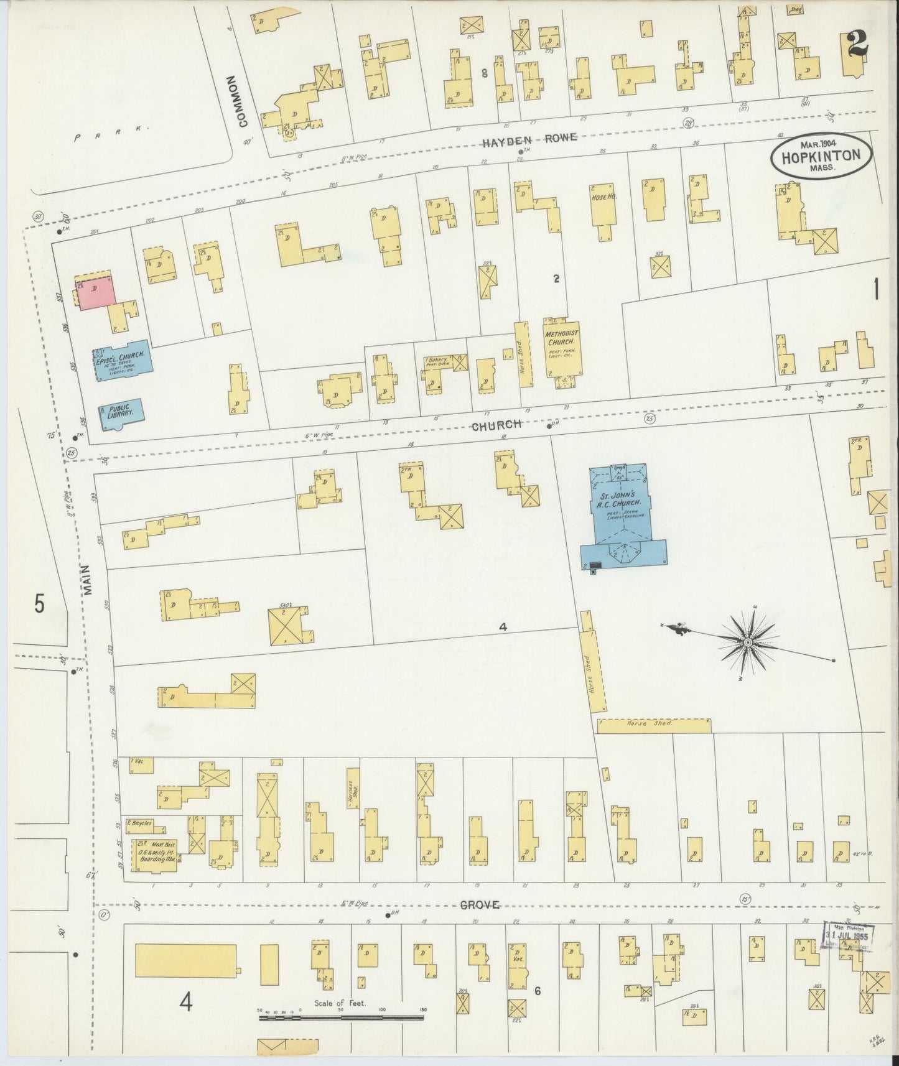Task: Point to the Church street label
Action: (496, 425)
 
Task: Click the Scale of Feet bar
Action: (341, 1017)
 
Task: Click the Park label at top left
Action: (112, 133)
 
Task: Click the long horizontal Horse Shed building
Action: (653, 725)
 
